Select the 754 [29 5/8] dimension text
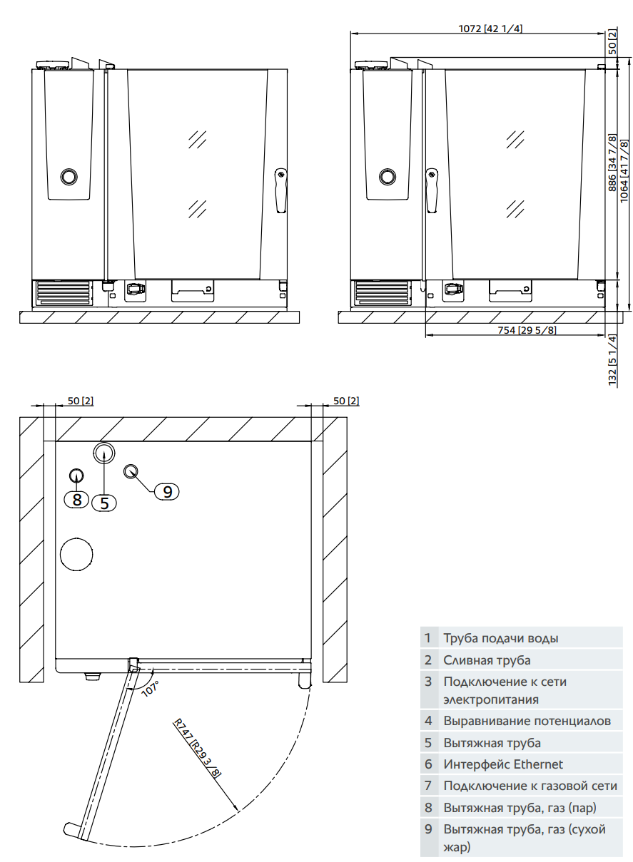(527, 329)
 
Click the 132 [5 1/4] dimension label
(612, 360)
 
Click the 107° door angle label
(150, 688)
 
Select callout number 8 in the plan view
(77, 499)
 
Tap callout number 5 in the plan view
(104, 502)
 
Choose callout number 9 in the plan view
(167, 491)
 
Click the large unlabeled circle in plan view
(77, 554)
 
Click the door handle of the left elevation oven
(281, 190)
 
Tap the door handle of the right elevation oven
(432, 190)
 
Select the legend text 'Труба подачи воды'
(500, 638)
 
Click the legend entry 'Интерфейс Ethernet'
(502, 764)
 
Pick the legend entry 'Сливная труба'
(487, 660)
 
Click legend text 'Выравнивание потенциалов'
(527, 721)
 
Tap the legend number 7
(428, 786)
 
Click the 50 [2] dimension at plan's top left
(80, 401)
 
